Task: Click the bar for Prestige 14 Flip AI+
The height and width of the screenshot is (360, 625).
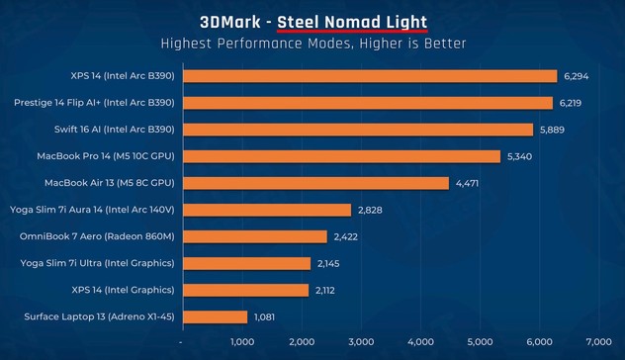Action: [x=368, y=103]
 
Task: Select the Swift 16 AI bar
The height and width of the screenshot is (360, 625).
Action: [x=358, y=130]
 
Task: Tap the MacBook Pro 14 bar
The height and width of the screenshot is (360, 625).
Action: [x=342, y=156]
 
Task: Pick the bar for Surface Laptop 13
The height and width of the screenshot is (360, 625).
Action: [x=215, y=316]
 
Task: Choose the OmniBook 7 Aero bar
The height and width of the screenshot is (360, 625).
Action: [x=255, y=236]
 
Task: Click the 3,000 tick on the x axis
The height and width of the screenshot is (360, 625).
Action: [x=361, y=341]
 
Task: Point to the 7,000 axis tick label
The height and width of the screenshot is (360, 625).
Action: [x=598, y=341]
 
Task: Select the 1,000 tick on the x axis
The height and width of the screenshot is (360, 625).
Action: [x=242, y=341]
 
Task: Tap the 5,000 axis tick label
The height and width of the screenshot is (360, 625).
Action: [x=480, y=341]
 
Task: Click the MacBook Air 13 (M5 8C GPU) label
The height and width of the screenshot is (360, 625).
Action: [x=110, y=183]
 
